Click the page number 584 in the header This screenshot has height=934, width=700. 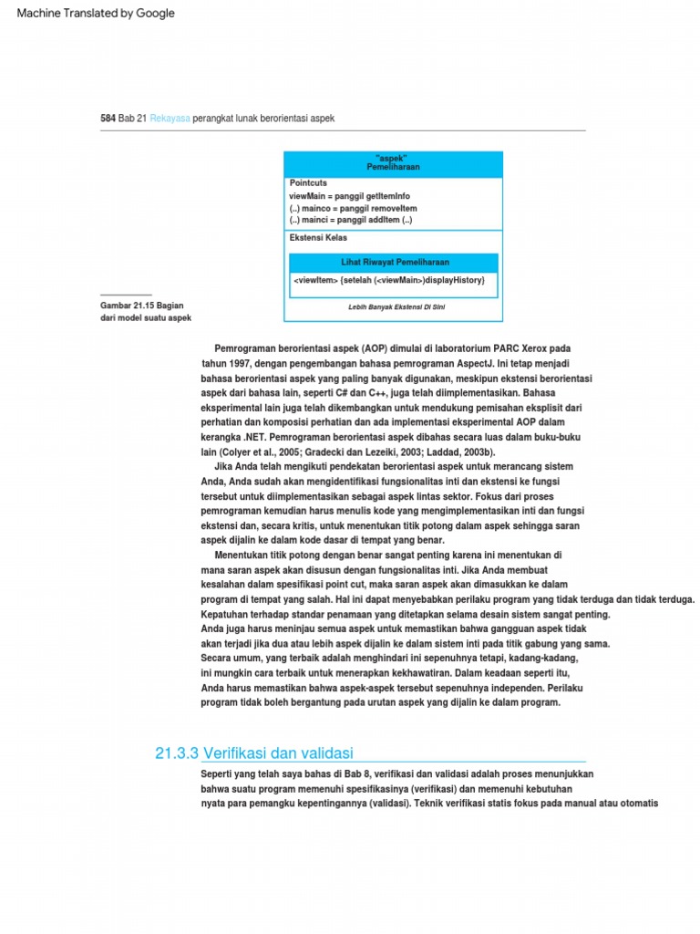[x=108, y=119]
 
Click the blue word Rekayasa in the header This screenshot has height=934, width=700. [x=170, y=119]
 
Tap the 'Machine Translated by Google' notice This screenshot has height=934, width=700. [x=96, y=14]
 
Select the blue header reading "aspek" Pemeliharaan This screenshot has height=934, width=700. [x=393, y=164]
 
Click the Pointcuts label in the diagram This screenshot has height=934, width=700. [x=308, y=183]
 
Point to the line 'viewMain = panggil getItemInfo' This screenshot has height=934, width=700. [x=349, y=196]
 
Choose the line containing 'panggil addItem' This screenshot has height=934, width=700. [x=350, y=220]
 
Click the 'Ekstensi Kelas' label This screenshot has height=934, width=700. [x=318, y=238]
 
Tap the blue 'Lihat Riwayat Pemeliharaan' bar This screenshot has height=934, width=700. [x=394, y=263]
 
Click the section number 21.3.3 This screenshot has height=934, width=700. [x=177, y=752]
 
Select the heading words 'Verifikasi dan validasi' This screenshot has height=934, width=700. [x=278, y=752]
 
